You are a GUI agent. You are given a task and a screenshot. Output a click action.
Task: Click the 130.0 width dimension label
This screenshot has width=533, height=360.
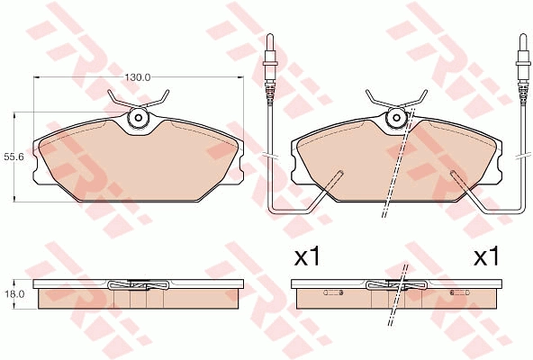[138, 77]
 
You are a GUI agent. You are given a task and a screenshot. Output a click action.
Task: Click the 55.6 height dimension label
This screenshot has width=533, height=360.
[14, 157]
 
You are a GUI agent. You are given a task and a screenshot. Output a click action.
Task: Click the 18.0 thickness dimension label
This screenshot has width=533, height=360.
[13, 293]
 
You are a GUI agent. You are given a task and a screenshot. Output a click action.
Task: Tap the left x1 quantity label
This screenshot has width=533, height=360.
[307, 257]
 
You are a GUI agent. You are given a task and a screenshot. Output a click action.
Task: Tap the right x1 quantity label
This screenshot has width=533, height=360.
[487, 257]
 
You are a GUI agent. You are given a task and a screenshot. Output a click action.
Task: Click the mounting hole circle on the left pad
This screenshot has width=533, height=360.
[139, 118]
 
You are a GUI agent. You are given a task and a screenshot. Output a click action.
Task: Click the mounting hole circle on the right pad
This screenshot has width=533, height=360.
[396, 118]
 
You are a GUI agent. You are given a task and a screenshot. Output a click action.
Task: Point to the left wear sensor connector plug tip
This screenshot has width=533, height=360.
[270, 36]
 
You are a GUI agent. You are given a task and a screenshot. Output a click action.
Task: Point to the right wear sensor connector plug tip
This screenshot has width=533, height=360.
[523, 36]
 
